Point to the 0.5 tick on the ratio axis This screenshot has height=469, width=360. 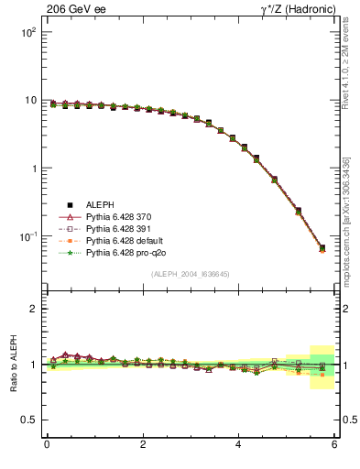(x=28, y=420)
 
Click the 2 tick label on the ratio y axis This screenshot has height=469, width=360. (x=33, y=309)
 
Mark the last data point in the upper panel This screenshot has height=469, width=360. (x=322, y=248)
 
